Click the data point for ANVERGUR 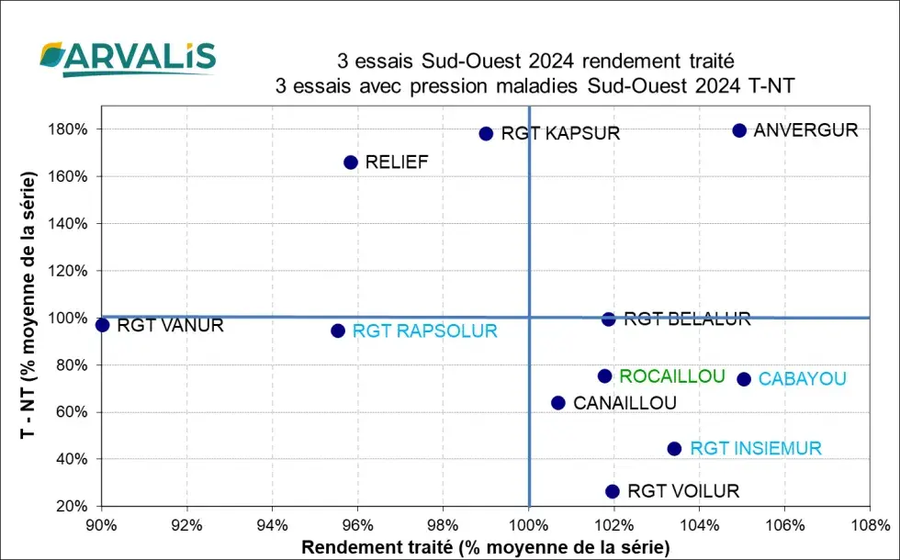pyautogui.click(x=739, y=130)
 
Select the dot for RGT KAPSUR pyautogui.click(x=486, y=133)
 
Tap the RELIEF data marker pyautogui.click(x=350, y=162)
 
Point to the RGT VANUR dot pyautogui.click(x=102, y=325)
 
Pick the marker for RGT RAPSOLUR pyautogui.click(x=338, y=330)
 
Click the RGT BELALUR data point pyautogui.click(x=608, y=319)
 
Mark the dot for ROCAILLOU pyautogui.click(x=604, y=376)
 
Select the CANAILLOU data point pyautogui.click(x=557, y=403)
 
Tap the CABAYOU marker pyautogui.click(x=744, y=379)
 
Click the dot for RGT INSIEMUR pyautogui.click(x=674, y=449)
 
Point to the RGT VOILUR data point pyautogui.click(x=613, y=491)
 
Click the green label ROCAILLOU pyautogui.click(x=672, y=376)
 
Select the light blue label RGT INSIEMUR pyautogui.click(x=756, y=449)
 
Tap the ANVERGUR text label pyautogui.click(x=805, y=130)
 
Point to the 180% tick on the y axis pyautogui.click(x=69, y=129)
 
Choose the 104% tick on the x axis pyautogui.click(x=700, y=526)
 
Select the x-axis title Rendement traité pyautogui.click(x=487, y=547)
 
